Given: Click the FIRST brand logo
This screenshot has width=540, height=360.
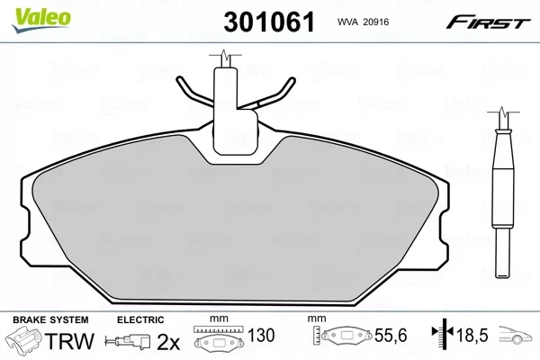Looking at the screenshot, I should pyautogui.click(x=495, y=19).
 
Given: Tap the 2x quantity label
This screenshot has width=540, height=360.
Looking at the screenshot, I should pyautogui.click(x=167, y=341).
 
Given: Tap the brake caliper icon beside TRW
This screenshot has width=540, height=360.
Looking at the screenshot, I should pyautogui.click(x=26, y=341).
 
